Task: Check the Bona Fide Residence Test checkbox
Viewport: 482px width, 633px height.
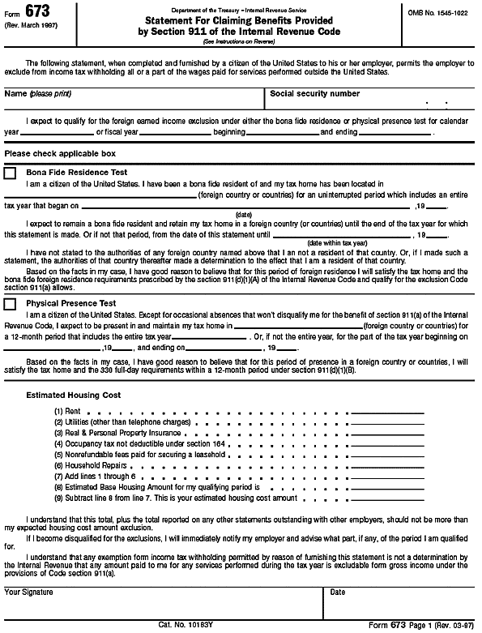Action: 11,173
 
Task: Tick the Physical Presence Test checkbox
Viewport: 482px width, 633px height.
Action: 11,304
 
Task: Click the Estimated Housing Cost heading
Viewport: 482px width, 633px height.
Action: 74,395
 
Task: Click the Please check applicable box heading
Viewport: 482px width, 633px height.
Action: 60,153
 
